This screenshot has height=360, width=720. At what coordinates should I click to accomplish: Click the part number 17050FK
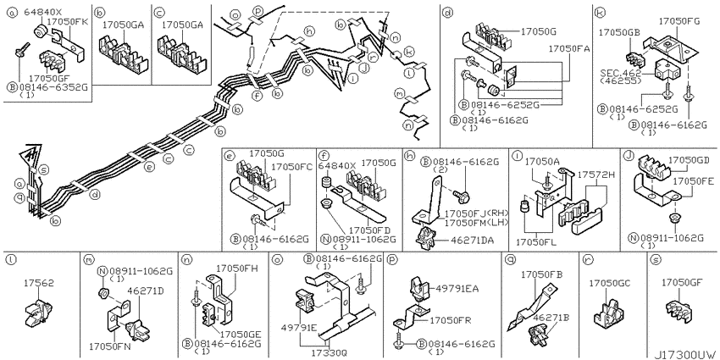tap(65, 19)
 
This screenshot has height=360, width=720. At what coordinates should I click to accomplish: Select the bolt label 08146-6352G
tap(50, 86)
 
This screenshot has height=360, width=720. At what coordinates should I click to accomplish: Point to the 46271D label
tap(145, 291)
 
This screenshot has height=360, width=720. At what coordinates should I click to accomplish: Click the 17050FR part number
tap(449, 320)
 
